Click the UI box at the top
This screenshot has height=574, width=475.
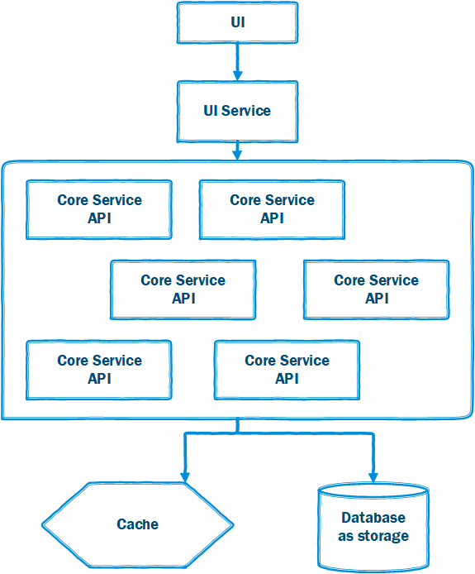(237, 22)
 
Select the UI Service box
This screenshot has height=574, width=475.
(237, 112)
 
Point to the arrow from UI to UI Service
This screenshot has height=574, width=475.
(238, 62)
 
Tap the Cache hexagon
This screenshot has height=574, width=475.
(137, 524)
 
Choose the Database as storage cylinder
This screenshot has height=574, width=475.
(373, 527)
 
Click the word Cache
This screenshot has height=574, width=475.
(137, 524)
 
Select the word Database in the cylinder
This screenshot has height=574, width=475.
(373, 518)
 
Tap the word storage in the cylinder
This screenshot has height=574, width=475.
(382, 536)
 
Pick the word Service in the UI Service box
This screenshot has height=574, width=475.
(246, 111)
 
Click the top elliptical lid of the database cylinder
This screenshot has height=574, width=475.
(373, 490)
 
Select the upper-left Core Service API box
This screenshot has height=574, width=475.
(99, 210)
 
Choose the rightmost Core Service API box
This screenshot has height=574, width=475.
(376, 290)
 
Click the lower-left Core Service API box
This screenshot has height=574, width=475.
(99, 370)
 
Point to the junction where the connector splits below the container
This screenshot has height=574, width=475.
(238, 433)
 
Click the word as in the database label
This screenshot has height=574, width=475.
(345, 537)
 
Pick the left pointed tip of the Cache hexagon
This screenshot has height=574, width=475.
(42, 525)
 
